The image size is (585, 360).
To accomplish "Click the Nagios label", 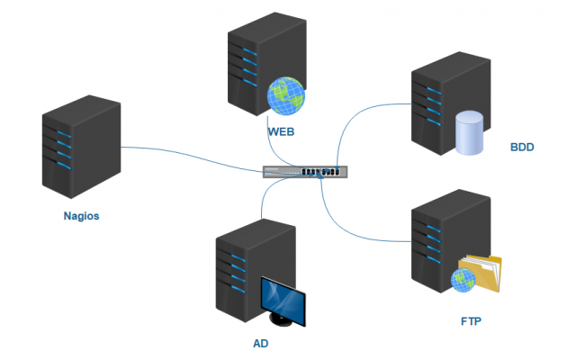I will pos(81,215).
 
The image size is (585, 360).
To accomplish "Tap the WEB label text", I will pos(282,132).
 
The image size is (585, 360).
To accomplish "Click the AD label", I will pos(261,344).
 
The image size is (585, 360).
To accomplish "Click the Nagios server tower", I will pos(81,148).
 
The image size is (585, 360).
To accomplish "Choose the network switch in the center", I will pos(302,171).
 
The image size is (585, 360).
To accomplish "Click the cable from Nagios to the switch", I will pos(189,155).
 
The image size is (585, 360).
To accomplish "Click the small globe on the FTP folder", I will pos(463,282).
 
